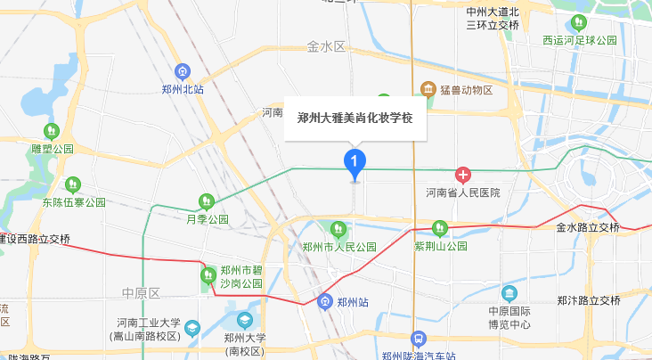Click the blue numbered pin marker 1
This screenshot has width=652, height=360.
pos(355,162)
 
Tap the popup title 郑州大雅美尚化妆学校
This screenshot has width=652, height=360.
pos(355,117)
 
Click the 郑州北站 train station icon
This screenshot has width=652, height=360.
pos(183,70)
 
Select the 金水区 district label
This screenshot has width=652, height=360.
pos(325,45)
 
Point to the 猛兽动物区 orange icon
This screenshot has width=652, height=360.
pos(428,90)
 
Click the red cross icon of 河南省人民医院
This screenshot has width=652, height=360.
pos(462,175)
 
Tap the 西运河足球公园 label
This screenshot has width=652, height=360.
pos(580,41)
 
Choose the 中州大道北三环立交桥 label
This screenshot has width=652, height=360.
pos(493,19)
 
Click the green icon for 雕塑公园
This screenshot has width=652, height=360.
pos(51,131)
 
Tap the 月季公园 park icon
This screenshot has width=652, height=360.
pos(207,201)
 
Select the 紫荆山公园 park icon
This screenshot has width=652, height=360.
pos(438,228)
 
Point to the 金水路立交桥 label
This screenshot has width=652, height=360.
pos(587,227)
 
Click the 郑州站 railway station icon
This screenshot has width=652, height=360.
pos(326,302)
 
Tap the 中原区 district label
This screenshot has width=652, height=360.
pos(141,292)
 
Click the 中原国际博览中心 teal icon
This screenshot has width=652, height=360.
pos(509,293)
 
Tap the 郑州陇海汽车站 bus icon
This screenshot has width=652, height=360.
pos(418,340)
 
